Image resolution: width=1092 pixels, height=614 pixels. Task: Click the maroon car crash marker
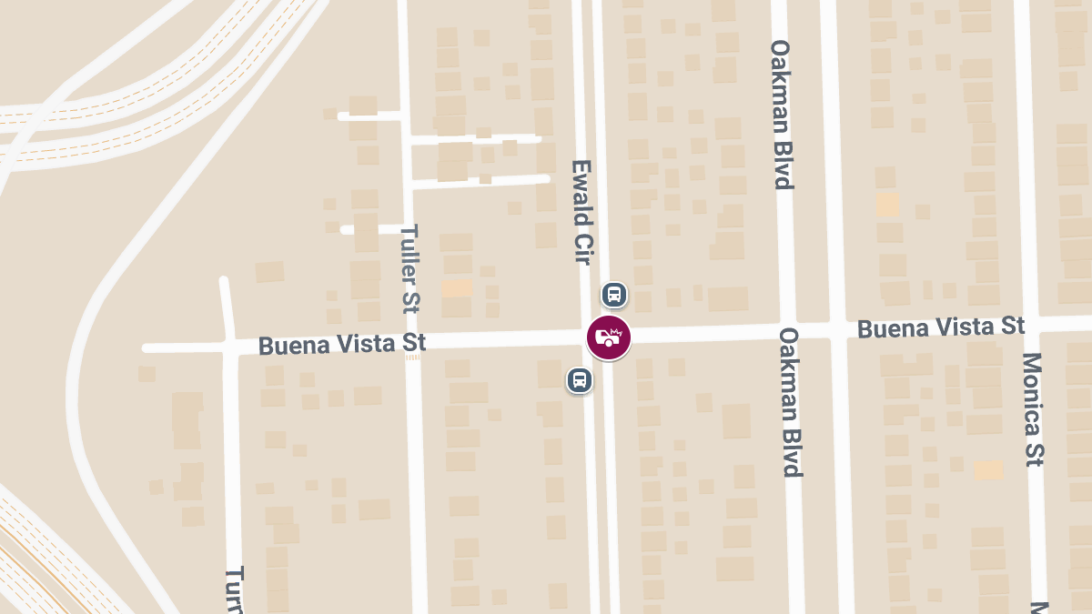609,337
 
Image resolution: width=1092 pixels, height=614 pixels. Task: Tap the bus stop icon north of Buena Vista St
614,295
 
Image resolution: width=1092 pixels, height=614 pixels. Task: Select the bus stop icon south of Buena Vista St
580,380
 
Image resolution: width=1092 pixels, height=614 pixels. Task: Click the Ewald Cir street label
581,212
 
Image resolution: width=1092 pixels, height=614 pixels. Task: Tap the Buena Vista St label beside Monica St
941,327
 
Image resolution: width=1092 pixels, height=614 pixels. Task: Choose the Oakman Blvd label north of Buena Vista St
782,114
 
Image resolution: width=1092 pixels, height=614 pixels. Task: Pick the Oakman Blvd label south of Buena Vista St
791,402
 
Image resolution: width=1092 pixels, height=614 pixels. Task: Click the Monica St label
1034,409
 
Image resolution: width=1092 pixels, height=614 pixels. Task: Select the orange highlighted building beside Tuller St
457,288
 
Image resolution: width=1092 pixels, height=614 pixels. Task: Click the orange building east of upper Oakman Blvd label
887,205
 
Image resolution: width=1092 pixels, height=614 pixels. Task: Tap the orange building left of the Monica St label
988,469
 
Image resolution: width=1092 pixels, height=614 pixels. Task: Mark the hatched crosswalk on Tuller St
413,357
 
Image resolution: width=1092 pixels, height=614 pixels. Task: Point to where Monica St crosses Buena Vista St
1028,325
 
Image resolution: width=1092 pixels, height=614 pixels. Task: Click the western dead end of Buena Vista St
146,347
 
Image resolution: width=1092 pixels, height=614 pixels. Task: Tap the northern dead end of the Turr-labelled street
225,281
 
